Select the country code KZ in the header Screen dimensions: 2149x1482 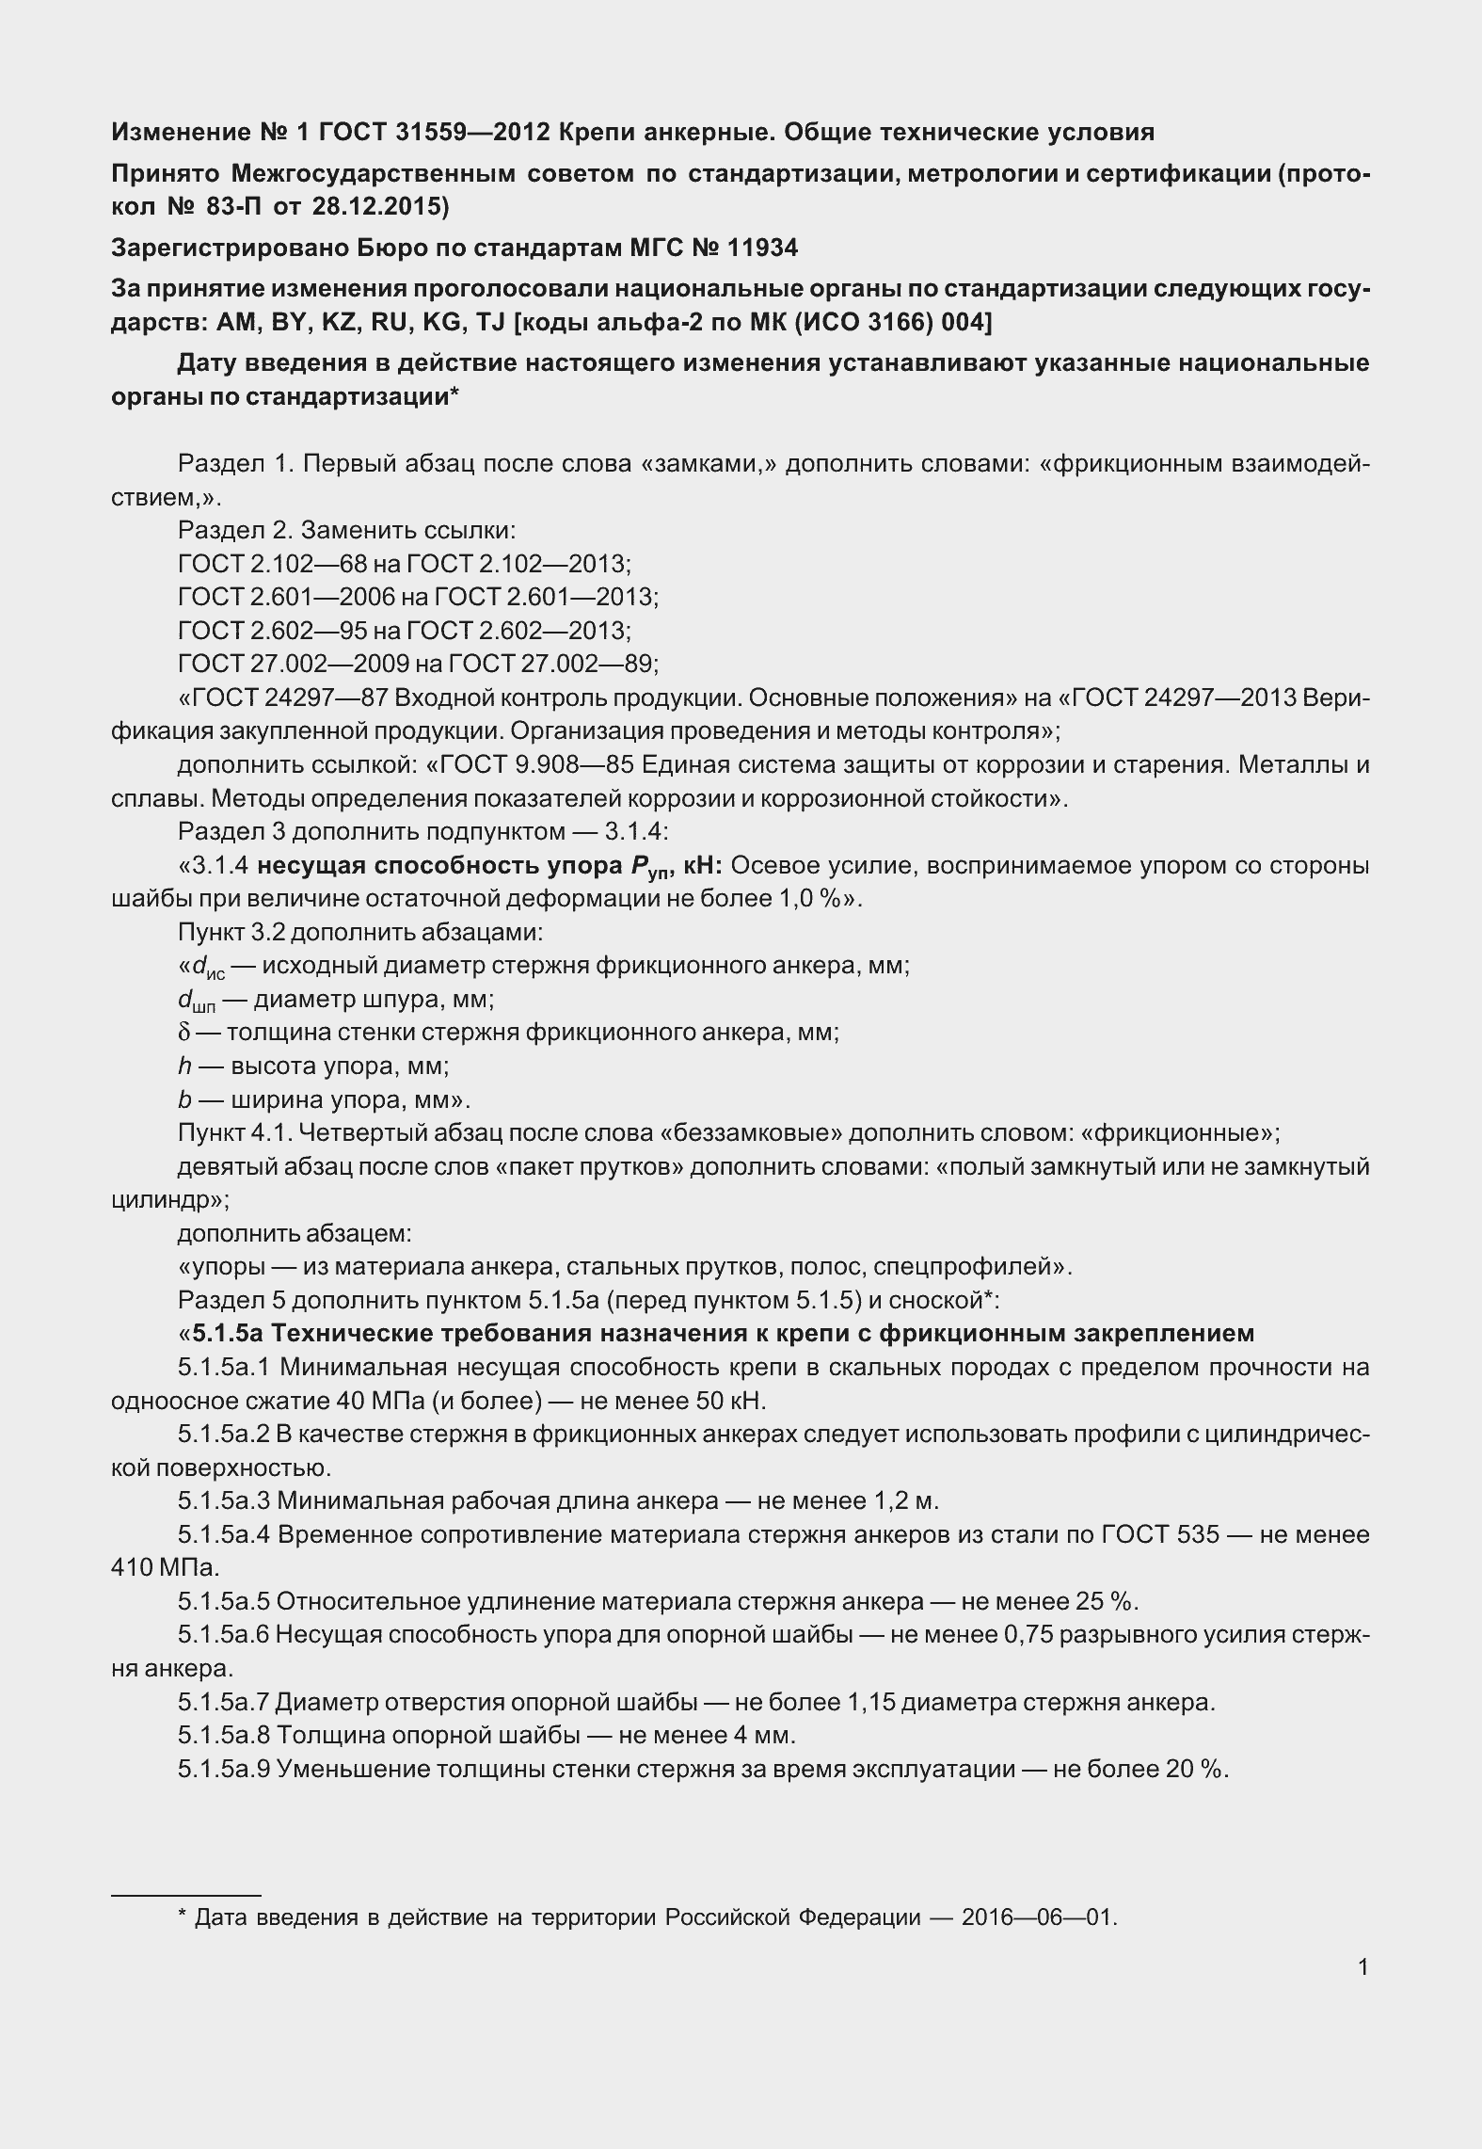tap(341, 323)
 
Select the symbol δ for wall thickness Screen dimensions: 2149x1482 tap(183, 1033)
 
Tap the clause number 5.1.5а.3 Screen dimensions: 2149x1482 tap(224, 1500)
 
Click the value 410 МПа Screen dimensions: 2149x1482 tap(165, 1568)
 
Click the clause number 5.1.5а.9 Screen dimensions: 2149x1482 tap(224, 1769)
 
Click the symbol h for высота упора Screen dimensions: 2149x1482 tap(183, 1066)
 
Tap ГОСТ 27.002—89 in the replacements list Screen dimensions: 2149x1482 tap(550, 665)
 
